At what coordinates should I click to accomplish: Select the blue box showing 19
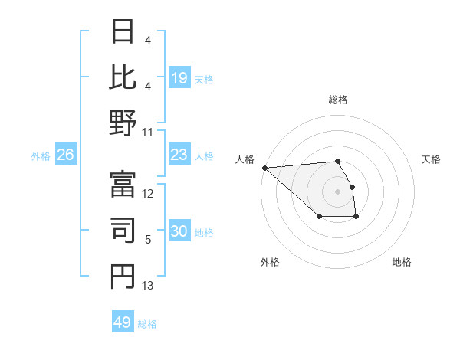[x=179, y=78]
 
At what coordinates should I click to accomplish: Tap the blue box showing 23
[x=179, y=155]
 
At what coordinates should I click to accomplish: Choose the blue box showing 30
[x=179, y=231]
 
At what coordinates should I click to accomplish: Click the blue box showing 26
[x=66, y=155]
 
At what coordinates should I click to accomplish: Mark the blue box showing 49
[x=123, y=322]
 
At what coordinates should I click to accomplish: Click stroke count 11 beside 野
[x=149, y=133]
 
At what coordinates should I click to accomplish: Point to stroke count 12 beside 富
[x=149, y=194]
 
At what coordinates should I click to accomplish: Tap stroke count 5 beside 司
[x=149, y=240]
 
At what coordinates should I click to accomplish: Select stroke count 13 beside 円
[x=149, y=286]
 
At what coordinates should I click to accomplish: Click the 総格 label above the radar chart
[x=337, y=100]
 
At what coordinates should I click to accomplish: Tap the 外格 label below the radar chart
[x=270, y=262]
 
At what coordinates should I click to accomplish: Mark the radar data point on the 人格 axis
[x=264, y=168]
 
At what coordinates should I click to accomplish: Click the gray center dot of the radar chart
[x=337, y=191]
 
